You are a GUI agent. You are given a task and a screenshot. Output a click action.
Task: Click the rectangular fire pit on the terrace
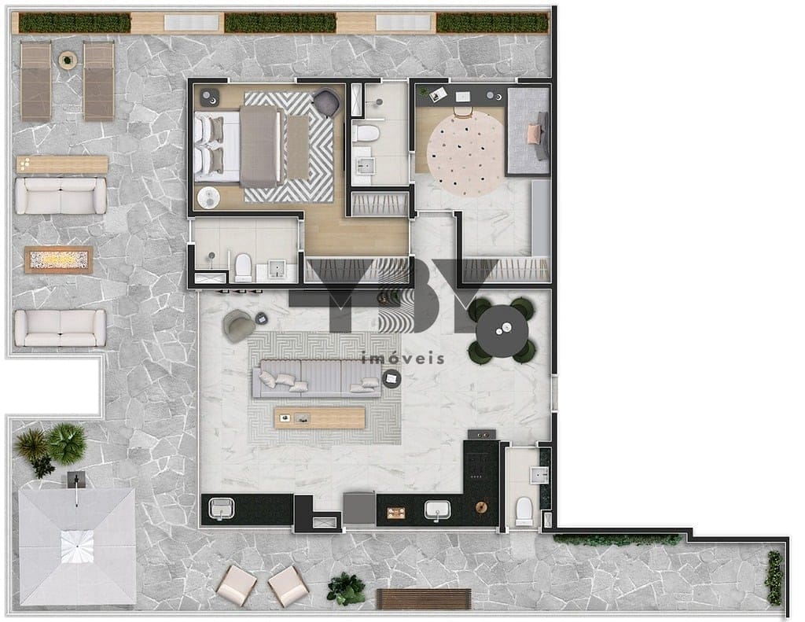pyautogui.click(x=58, y=259)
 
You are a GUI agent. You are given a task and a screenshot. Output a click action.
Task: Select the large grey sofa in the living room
pyautogui.click(x=317, y=378)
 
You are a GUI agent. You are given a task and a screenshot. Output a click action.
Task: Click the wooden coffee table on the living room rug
pyautogui.click(x=319, y=418)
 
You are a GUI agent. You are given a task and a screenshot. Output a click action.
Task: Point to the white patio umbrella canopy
pyautogui.click(x=77, y=547)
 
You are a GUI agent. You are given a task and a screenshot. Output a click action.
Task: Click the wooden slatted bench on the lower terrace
pyautogui.click(x=424, y=599)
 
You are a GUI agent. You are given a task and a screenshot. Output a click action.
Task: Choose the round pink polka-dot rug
pyautogui.click(x=466, y=155)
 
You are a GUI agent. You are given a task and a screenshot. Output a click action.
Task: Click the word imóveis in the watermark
pyautogui.click(x=403, y=358)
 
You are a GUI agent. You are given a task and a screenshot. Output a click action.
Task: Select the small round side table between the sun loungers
pyautogui.click(x=67, y=60)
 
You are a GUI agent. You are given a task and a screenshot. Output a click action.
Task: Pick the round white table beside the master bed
pyautogui.click(x=208, y=197)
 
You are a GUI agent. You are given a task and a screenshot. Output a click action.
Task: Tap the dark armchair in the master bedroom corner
pyautogui.click(x=326, y=101)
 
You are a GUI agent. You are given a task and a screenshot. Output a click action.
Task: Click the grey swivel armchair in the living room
pyautogui.click(x=238, y=325)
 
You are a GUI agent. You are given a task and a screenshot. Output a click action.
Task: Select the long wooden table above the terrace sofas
pyautogui.click(x=62, y=164)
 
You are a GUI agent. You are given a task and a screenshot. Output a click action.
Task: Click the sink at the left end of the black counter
pyautogui.click(x=221, y=509)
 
